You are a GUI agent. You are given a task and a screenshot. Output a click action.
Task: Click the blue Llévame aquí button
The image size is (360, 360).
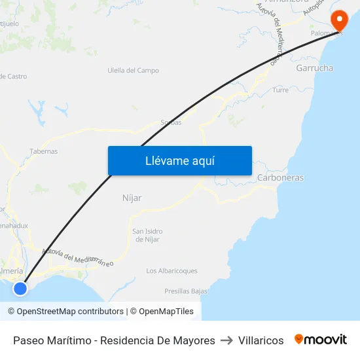point(179,160)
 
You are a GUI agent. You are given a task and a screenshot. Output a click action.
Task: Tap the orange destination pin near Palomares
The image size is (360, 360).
point(340,20)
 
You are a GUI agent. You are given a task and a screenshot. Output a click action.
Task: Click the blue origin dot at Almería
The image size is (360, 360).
point(20,288)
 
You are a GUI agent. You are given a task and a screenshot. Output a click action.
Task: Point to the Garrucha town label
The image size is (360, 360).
point(314,68)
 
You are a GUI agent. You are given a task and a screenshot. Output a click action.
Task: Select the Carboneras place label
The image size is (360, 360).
point(280,177)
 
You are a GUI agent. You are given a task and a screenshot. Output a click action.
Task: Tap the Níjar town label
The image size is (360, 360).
point(132,198)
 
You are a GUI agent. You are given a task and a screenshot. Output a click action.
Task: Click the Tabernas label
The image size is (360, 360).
point(43,151)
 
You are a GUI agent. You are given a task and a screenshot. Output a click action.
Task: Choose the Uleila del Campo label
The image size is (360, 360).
point(134,71)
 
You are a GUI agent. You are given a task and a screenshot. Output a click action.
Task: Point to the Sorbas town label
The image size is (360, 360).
point(171,122)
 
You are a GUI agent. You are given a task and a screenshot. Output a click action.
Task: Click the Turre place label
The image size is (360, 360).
point(280,90)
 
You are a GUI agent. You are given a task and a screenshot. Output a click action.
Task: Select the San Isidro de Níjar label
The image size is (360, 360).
point(147,235)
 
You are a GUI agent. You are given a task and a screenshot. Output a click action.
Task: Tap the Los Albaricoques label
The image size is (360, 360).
point(171,271)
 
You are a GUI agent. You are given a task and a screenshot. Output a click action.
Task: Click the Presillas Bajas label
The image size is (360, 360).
point(186,291)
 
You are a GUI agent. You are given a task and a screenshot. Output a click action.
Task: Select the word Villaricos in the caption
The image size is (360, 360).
point(261,340)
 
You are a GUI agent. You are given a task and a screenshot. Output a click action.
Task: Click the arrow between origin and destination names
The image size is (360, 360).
point(226,340)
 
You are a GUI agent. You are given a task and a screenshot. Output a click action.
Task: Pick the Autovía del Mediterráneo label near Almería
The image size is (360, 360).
point(77,257)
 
